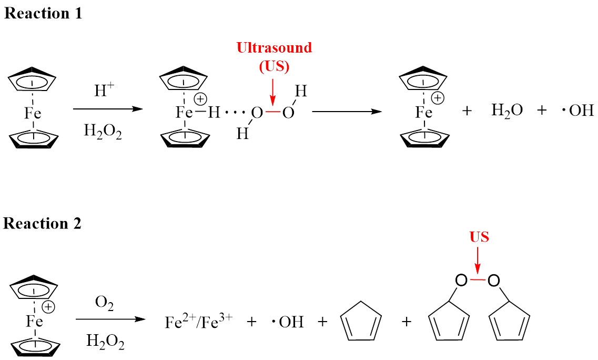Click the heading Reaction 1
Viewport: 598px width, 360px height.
pos(43,13)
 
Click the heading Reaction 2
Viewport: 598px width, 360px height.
pos(42,223)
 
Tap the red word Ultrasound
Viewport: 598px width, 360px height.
pos(274,48)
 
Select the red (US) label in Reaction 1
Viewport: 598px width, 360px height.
pos(274,66)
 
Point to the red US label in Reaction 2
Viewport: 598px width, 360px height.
pos(479,237)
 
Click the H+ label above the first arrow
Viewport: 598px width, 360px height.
pos(104,91)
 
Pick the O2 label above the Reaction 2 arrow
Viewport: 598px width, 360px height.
pos(104,303)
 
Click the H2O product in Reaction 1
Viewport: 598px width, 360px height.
pos(507,111)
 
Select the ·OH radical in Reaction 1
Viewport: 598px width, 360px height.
pos(578,111)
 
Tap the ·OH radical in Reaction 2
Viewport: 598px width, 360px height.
pos(288,322)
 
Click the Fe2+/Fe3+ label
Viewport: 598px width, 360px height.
pos(198,321)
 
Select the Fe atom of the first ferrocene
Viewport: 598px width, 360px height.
pos(33,113)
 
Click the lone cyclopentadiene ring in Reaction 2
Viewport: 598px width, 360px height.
pos(361,321)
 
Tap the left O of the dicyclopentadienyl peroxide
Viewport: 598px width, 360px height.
pos(461,281)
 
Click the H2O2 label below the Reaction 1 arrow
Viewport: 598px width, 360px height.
pos(103,132)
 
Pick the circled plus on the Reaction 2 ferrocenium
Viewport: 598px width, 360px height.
pos(48,307)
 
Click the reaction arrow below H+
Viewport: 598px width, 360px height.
pos(107,109)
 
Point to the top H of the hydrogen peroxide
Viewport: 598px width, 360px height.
pos(301,91)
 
